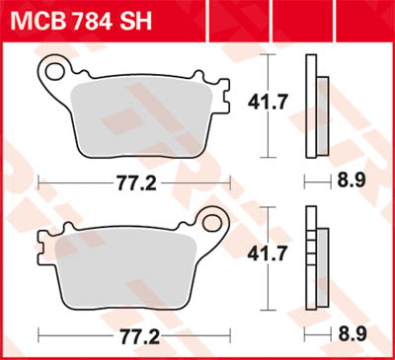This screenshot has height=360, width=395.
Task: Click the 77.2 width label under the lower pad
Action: point(134,335)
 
